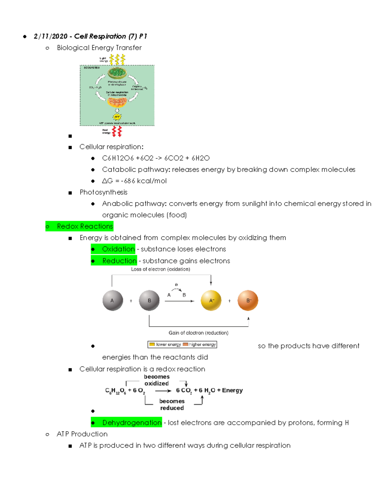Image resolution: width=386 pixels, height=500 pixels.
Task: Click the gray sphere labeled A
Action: pos(113,300)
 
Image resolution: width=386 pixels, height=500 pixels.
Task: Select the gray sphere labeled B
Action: pos(149,300)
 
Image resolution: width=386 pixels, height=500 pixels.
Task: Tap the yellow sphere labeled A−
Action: pos(211,300)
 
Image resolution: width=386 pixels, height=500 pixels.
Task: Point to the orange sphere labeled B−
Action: pos(248,300)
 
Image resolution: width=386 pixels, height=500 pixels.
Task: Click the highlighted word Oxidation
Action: pos(118,249)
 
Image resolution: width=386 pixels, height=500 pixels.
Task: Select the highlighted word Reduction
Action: pos(119,261)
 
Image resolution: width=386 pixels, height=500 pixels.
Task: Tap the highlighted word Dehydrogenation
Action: pos(132,422)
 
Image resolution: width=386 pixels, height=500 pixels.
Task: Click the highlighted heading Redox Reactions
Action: pos(85,226)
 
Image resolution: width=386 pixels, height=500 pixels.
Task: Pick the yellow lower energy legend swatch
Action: pos(152,344)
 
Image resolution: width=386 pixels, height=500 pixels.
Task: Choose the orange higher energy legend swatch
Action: pos(185,344)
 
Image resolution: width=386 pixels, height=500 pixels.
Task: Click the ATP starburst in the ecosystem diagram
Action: pos(117,117)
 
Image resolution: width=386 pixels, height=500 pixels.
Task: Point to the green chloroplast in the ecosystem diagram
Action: pos(117,73)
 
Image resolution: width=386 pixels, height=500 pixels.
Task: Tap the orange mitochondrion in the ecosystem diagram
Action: pos(117,102)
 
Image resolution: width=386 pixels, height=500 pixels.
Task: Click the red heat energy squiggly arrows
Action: pos(117,131)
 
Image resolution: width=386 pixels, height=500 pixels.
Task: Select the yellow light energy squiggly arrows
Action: pos(117,59)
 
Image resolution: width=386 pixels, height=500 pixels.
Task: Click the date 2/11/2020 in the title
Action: pos(51,36)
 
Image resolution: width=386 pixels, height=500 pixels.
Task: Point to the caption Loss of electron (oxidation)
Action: pos(161,269)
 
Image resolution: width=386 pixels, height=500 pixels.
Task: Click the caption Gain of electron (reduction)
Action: pos(198,333)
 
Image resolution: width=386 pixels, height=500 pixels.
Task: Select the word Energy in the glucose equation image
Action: pos(232,390)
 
